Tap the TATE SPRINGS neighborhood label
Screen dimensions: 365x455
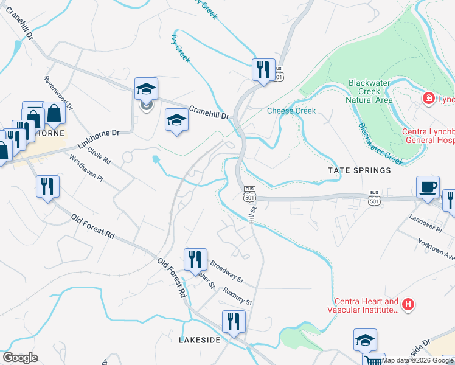(353, 171)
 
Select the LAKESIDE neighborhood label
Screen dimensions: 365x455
(200, 340)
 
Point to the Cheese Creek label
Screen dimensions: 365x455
(291, 111)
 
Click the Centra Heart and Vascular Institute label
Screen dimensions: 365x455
(366, 305)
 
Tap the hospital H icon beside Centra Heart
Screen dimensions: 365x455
(409, 304)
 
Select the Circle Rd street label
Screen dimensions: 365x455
(99, 156)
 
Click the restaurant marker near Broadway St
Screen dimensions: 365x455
(195, 260)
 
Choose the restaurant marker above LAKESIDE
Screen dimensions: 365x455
(234, 322)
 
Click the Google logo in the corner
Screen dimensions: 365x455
(20, 358)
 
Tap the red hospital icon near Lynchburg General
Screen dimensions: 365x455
(428, 98)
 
